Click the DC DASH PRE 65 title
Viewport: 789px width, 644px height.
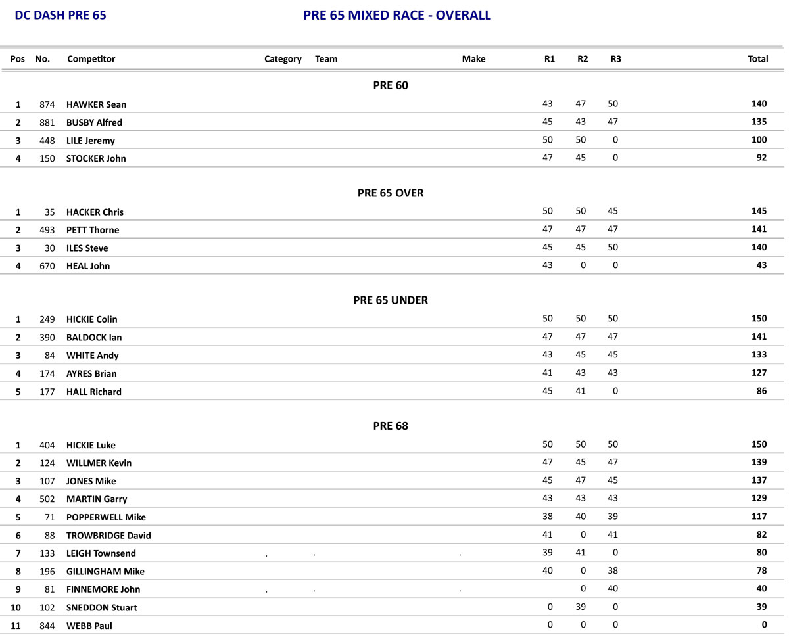(60, 16)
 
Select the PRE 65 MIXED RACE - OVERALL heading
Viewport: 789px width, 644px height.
(396, 16)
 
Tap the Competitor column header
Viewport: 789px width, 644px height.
(91, 59)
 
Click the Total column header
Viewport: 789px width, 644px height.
(757, 59)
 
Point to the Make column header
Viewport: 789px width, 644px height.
(473, 59)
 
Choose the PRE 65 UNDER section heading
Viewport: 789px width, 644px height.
(391, 300)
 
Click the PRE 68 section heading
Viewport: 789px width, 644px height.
(391, 426)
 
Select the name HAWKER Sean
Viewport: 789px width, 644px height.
(96, 104)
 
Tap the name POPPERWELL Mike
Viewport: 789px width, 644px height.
(106, 517)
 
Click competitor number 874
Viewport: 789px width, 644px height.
(47, 104)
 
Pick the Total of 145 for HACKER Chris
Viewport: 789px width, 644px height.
(759, 212)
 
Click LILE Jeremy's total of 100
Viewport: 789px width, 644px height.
(759, 140)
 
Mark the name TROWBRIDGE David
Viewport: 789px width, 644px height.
(108, 536)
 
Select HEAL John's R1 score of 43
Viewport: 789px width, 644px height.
(548, 265)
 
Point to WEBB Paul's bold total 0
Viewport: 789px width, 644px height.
(764, 625)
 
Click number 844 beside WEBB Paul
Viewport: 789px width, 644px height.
(47, 626)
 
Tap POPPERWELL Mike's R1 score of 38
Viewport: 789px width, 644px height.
(548, 517)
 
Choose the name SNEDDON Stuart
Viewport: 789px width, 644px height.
(102, 608)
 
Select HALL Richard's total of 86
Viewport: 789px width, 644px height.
(761, 391)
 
